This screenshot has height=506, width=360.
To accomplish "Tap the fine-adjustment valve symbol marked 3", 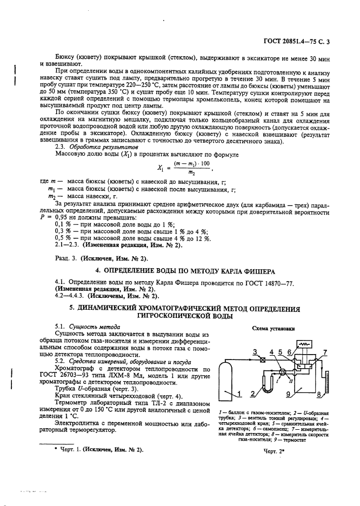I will pos(262,359).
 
